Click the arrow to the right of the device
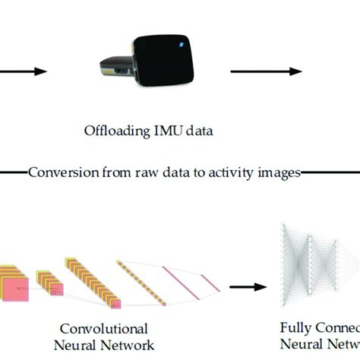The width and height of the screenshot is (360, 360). [263, 72]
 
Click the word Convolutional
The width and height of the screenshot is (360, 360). [103, 330]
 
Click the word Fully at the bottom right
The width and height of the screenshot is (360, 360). [297, 330]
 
